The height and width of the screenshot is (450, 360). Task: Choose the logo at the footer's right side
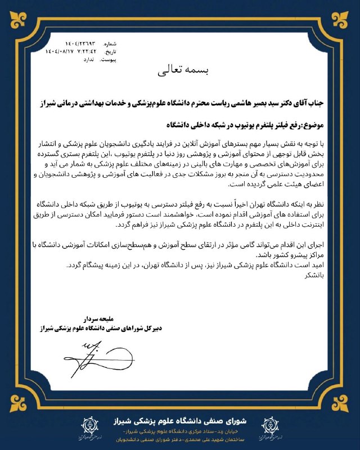[272, 427]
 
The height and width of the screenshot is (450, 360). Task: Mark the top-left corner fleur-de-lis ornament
[12, 12]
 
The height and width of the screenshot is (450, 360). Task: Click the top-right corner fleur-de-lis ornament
[348, 12]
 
